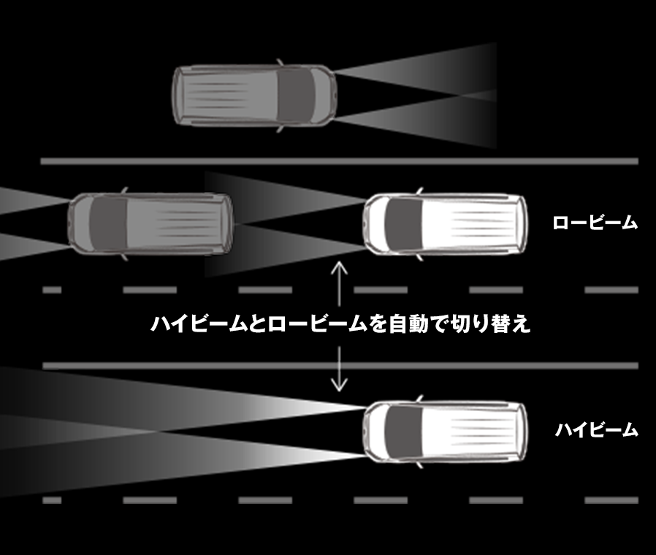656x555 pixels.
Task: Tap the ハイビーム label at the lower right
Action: [x=595, y=430]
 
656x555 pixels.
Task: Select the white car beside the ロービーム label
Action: [x=446, y=224]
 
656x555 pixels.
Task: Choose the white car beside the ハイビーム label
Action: [x=446, y=432]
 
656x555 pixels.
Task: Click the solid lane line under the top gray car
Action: [x=340, y=161]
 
